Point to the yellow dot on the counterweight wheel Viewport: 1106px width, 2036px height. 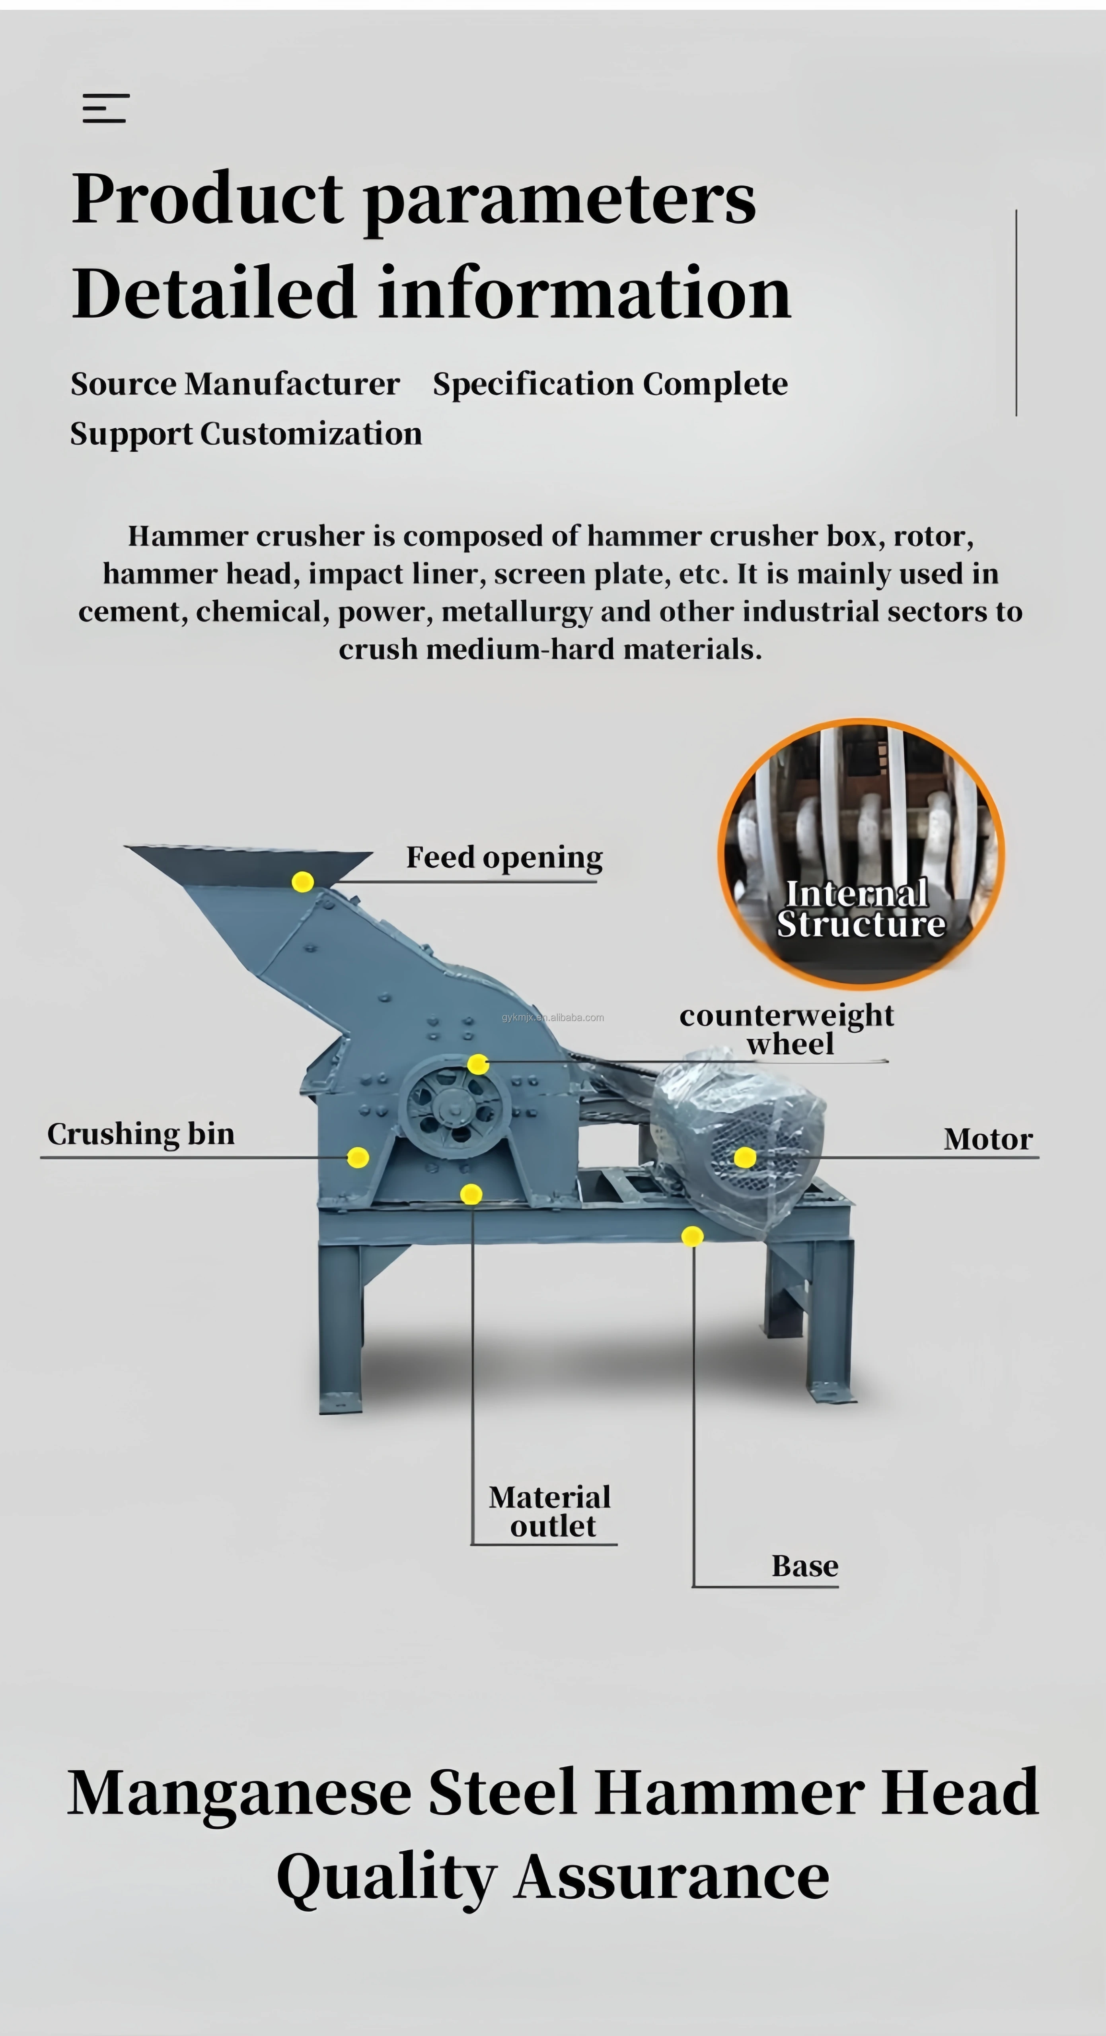(477, 1065)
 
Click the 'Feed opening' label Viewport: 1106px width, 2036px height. (504, 858)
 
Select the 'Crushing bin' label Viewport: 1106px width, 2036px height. (141, 1134)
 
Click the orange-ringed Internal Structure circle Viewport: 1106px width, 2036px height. (861, 854)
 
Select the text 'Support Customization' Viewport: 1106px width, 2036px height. (246, 434)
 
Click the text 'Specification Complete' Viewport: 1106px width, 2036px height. (610, 384)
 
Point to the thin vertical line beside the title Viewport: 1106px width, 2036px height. (1016, 312)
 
